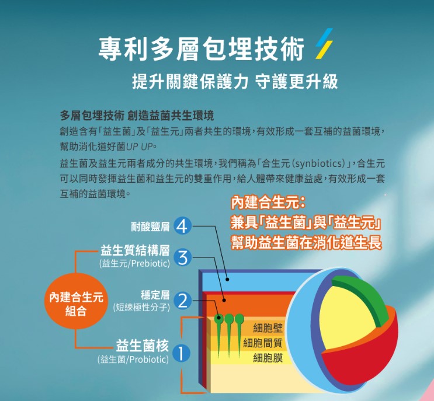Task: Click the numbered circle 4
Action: coord(182,226)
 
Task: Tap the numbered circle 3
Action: coord(182,258)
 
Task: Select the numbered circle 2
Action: coord(182,301)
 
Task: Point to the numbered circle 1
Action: coord(181,354)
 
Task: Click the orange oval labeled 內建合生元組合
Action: coord(76,304)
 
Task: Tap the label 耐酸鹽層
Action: coord(150,227)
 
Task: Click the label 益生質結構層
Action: coord(135,251)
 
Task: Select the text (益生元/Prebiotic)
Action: coord(134,263)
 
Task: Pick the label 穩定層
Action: coord(155,295)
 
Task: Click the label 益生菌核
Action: coord(142,346)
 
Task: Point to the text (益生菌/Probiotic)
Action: coord(133,359)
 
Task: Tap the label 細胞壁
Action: coord(268,328)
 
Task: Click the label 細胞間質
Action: coord(263,343)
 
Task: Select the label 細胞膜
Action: coord(268,358)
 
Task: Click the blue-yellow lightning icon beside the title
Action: coord(324,44)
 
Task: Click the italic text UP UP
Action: coord(139,147)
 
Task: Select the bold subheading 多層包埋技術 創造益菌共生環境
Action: coord(137,116)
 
